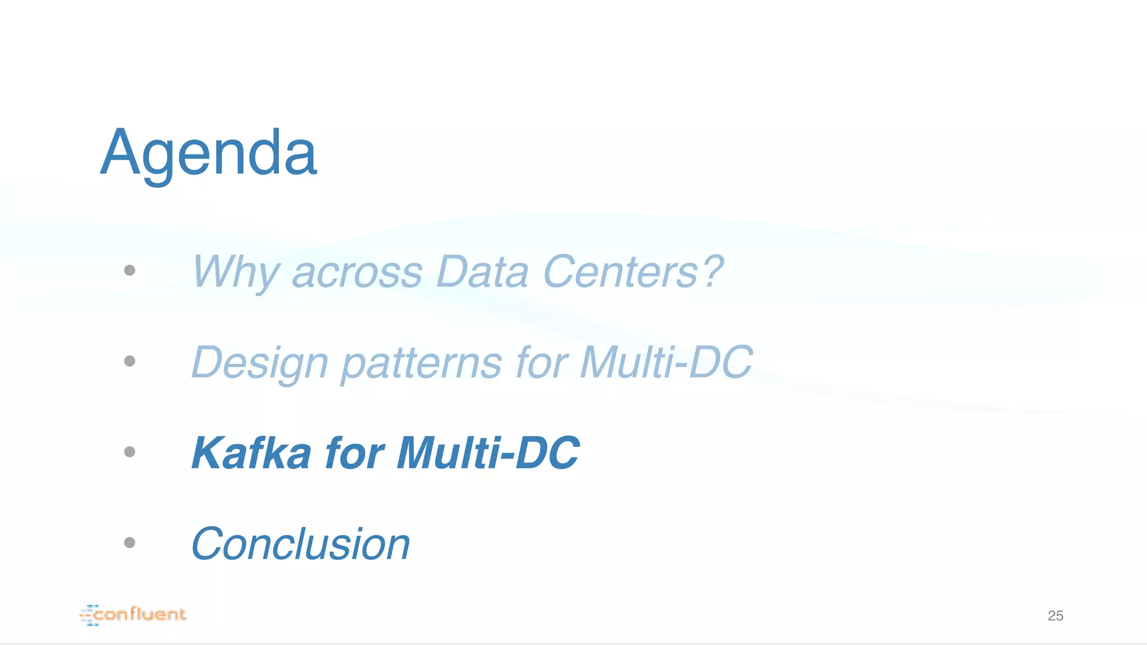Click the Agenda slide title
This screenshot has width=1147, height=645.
click(208, 152)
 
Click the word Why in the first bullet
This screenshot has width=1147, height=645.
click(235, 272)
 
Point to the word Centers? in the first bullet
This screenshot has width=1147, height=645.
click(633, 272)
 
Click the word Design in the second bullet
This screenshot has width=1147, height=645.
click(259, 363)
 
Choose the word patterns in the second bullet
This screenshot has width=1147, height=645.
click(421, 363)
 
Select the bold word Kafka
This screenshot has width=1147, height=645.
click(251, 453)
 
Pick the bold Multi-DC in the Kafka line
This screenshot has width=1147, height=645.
click(488, 453)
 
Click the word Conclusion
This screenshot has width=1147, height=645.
click(301, 544)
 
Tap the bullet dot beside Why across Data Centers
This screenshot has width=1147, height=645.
click(129, 270)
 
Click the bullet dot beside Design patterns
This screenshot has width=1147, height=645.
click(129, 361)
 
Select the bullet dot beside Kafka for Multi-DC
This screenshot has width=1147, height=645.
click(129, 452)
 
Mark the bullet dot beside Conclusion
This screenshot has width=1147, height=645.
click(129, 543)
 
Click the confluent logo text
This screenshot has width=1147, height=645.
click(140, 615)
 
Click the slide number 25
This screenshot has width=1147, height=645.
click(1055, 616)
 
